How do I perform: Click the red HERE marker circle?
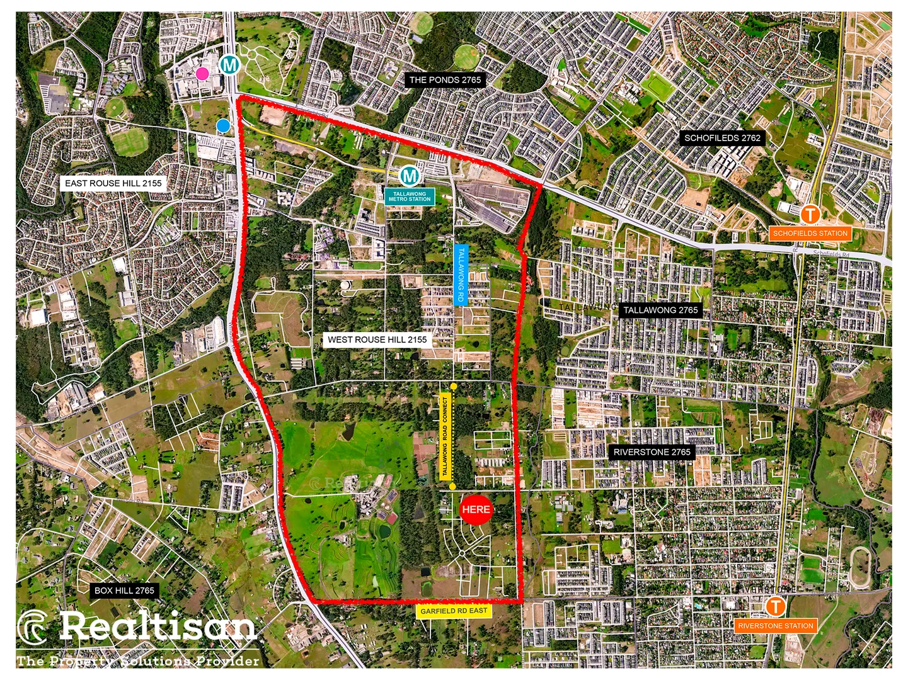(476, 509)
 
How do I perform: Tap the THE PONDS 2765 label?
(445, 80)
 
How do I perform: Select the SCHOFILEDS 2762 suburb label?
(722, 138)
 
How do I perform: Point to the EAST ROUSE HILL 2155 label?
(113, 183)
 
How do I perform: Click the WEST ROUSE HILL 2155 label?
(377, 339)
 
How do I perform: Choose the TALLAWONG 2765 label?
(660, 310)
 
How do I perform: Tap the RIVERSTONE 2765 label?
(652, 452)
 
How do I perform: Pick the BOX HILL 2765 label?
(124, 591)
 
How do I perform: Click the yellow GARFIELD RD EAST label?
(454, 611)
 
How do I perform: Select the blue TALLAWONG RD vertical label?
(461, 275)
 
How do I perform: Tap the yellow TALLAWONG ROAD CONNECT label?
(446, 436)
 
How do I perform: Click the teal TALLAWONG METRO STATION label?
(410, 196)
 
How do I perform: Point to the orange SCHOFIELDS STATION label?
(810, 233)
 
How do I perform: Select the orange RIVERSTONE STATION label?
(776, 626)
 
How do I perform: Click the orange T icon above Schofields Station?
(810, 214)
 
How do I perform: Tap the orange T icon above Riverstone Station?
(776, 606)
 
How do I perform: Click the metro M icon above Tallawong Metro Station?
(410, 174)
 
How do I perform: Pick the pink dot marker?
(202, 74)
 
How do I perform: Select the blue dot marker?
(222, 126)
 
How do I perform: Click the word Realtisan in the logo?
(158, 626)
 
